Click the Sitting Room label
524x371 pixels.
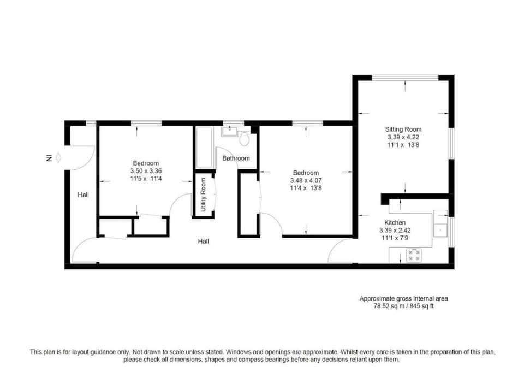[403, 129]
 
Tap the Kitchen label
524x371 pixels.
[395, 223]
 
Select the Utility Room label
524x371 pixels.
[203, 195]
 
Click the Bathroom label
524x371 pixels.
[236, 158]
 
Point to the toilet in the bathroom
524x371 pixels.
[245, 138]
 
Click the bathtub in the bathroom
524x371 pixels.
[204, 148]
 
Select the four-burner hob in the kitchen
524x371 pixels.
[414, 255]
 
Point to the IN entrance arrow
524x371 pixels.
[58, 157]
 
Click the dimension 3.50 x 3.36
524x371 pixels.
[146, 171]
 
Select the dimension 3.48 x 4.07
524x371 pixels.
[306, 181]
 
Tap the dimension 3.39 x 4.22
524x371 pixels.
[403, 137]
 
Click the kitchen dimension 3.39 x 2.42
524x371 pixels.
[395, 231]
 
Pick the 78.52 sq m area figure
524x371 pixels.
[389, 306]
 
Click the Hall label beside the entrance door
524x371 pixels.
[83, 195]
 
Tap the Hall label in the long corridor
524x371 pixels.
[203, 241]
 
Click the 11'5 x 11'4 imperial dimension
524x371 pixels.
[146, 179]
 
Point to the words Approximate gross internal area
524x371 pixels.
[404, 299]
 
